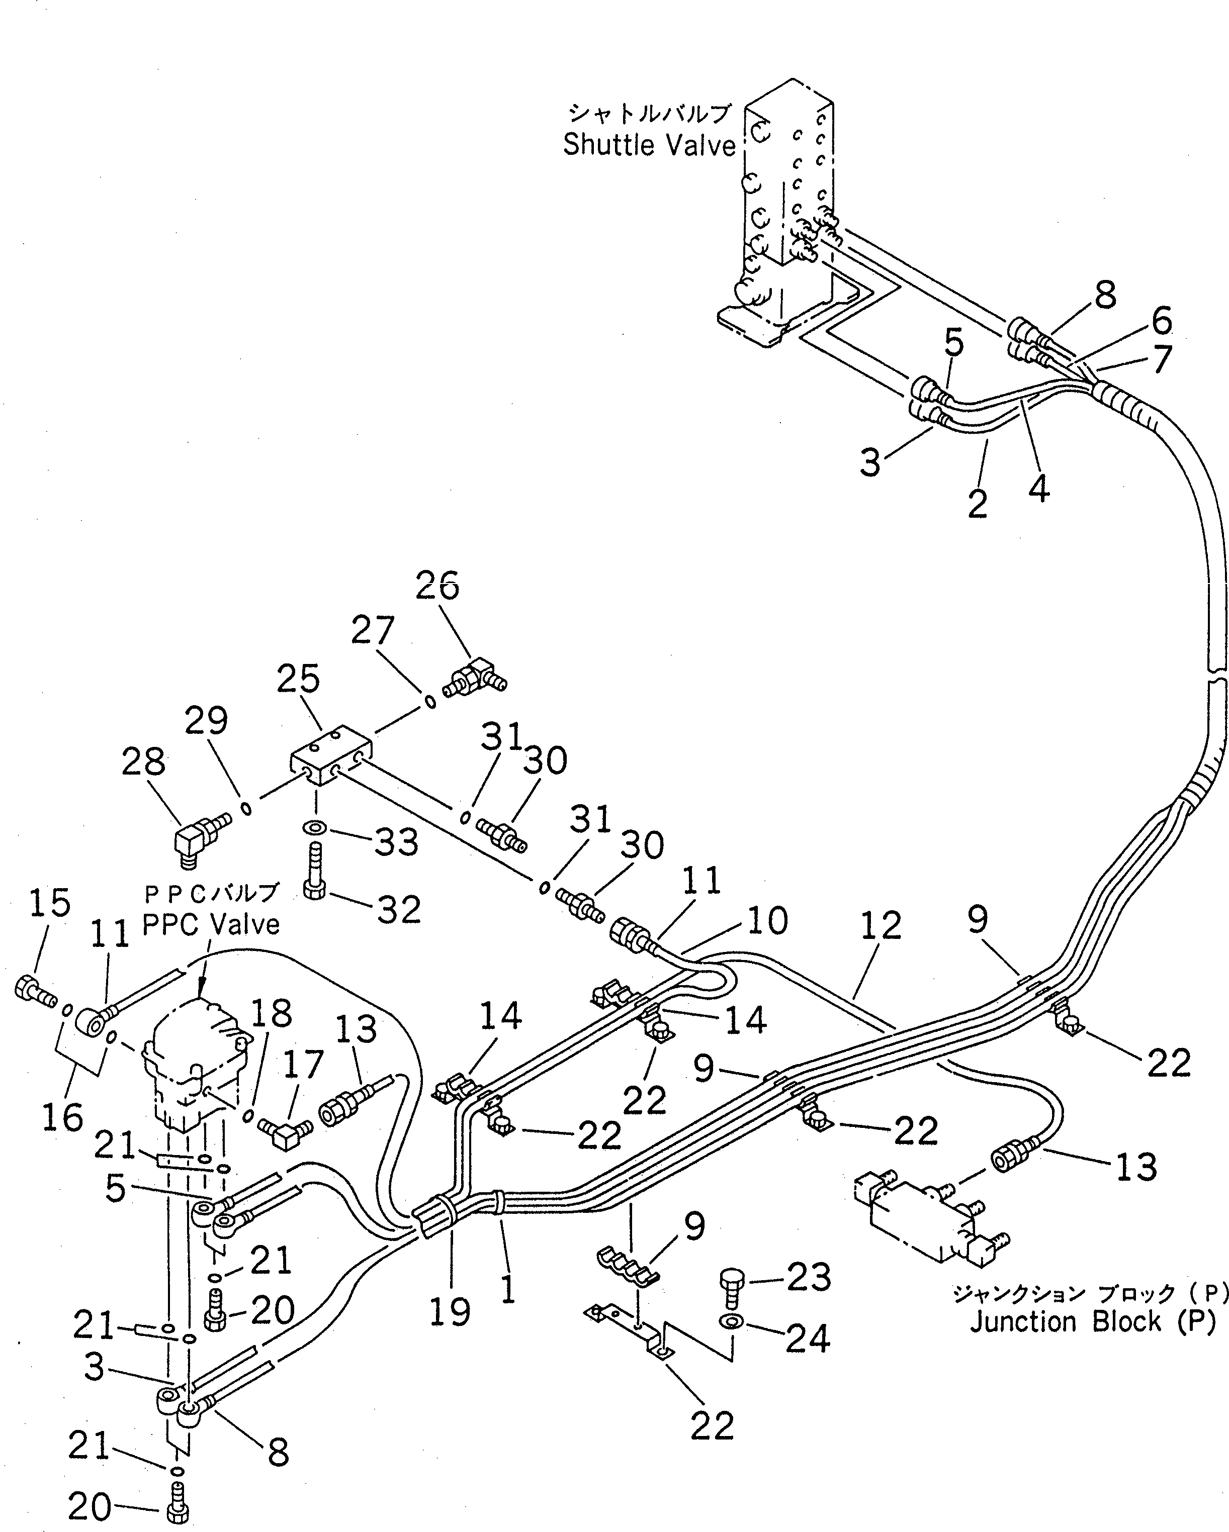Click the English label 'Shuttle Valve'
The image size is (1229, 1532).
pos(649,146)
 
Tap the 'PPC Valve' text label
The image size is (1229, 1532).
pos(211,924)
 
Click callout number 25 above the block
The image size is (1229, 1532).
pos(299,680)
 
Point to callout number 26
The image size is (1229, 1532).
pos(437,587)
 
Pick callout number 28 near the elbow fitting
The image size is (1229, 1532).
pos(143,762)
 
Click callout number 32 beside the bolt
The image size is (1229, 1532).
pos(399,910)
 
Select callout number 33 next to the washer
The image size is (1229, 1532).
pos(397,843)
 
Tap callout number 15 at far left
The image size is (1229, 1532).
pos(50,903)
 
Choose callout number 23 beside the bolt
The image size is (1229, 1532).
pos(808,1278)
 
